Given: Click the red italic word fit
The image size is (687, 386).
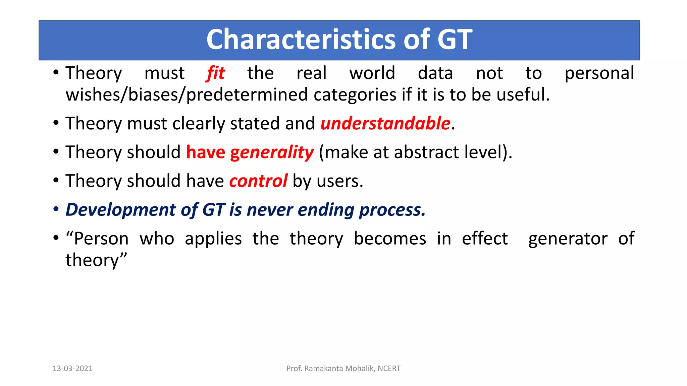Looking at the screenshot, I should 215,73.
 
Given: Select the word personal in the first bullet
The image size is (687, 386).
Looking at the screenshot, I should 599,74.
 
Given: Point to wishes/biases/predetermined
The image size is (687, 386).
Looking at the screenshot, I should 186,95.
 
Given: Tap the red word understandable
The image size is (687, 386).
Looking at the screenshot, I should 385,123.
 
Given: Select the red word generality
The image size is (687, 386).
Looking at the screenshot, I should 272,153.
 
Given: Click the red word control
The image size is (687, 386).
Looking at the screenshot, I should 258,181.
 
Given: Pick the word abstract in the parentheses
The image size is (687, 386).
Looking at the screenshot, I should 426,152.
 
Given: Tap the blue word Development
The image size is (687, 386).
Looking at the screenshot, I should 120,210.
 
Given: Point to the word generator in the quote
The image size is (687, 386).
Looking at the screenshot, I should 568,239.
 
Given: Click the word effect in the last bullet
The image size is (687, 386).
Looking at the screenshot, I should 485,239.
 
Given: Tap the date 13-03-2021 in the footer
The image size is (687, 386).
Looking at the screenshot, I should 72,369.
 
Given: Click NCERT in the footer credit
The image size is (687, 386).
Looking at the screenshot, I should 389,369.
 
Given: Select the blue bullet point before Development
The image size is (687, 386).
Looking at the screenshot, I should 56,210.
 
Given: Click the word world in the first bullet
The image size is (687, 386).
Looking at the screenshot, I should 372,73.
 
